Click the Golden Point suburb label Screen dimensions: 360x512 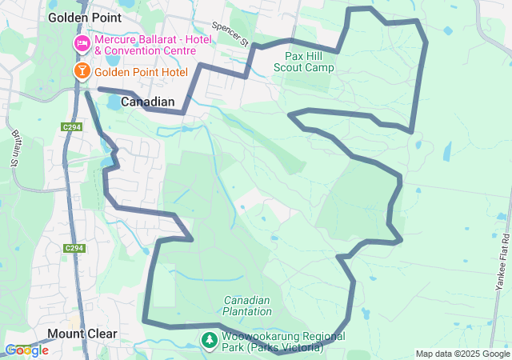click(x=85, y=17)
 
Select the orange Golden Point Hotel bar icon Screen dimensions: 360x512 click(x=82, y=72)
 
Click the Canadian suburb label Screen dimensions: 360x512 click(x=147, y=102)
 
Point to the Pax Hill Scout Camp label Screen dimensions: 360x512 click(x=310, y=62)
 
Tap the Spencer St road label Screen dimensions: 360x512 click(x=231, y=34)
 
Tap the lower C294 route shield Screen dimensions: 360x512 click(x=74, y=249)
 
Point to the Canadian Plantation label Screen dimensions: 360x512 click(x=247, y=306)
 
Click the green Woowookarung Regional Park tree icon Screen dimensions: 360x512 click(x=209, y=341)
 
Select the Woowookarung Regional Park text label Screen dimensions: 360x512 click(x=283, y=342)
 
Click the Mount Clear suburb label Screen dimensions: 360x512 click(x=82, y=334)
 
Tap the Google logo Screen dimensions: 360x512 click(x=26, y=350)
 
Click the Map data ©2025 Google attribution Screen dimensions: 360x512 click(x=462, y=354)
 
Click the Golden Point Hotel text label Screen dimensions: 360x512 click(x=141, y=72)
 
